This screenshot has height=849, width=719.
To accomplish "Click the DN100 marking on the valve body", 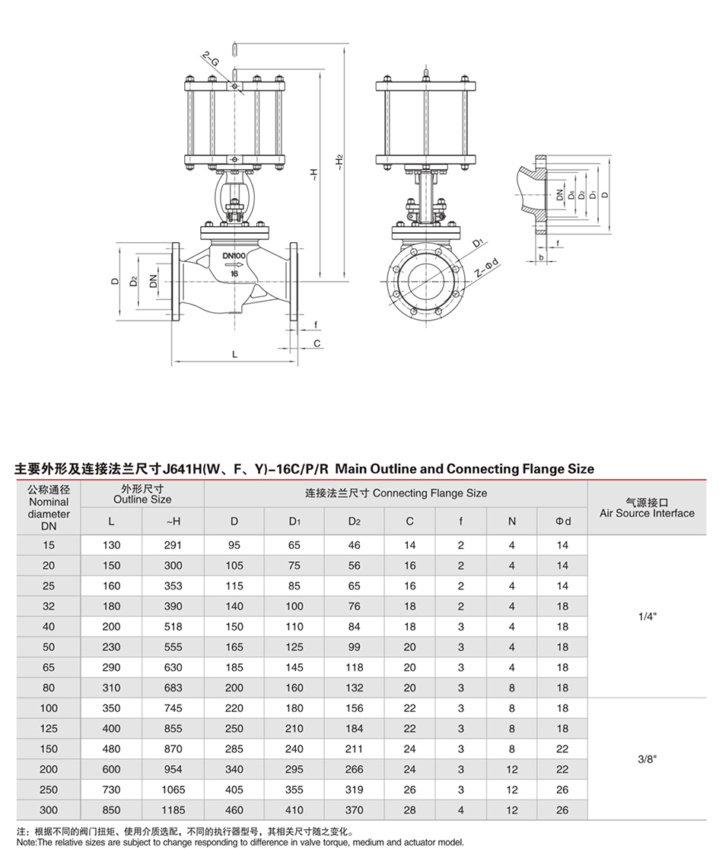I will [x=234, y=256].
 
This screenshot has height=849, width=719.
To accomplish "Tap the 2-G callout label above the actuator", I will [x=210, y=59].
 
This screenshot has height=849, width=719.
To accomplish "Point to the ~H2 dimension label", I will [x=340, y=164].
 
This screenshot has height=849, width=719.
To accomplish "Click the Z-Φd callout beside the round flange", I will [x=485, y=269].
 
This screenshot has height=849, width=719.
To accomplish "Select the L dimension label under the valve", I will [x=234, y=354].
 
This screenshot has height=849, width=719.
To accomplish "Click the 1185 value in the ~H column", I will [x=173, y=810].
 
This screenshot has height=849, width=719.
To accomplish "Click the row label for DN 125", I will [x=49, y=729].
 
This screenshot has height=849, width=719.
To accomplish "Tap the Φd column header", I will [x=562, y=521].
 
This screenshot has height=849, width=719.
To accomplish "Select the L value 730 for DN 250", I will [x=112, y=790].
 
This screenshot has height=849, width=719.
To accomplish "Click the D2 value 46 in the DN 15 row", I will [x=355, y=545].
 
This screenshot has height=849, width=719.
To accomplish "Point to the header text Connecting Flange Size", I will [x=430, y=493].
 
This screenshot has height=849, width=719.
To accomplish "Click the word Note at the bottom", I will [x=25, y=842].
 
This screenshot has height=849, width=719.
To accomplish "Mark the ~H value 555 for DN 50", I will [x=173, y=647].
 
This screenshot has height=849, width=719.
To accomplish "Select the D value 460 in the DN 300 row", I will [x=234, y=810].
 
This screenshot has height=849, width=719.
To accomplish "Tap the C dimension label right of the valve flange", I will [x=317, y=343].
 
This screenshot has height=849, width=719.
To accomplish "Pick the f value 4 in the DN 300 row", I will [x=461, y=810].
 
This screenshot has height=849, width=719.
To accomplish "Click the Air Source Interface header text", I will [x=647, y=513].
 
